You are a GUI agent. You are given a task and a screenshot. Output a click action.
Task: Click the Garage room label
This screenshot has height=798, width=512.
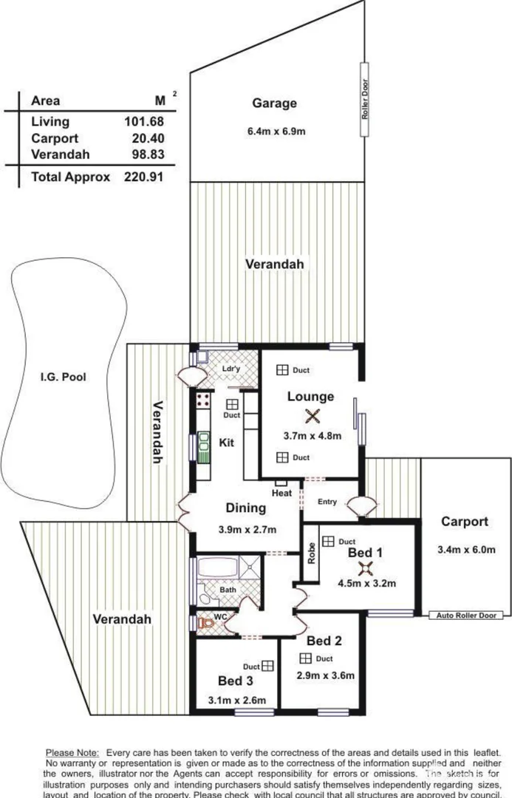274,103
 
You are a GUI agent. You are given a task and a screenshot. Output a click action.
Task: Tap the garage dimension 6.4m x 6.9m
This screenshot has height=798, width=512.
276,132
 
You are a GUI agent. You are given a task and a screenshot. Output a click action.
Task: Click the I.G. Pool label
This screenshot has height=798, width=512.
64,377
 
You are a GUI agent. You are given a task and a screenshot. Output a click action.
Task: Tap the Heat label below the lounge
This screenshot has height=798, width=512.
281,493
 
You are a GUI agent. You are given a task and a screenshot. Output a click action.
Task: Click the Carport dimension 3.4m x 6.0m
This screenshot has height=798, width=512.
465,550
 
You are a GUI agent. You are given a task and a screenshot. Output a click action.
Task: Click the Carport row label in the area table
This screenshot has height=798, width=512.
55,138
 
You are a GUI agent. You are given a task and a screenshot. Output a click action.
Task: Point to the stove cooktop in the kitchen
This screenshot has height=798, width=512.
204,403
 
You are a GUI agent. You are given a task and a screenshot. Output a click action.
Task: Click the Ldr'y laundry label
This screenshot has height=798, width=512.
232,369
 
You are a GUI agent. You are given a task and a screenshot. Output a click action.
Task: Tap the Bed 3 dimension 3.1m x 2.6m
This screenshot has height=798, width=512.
237,700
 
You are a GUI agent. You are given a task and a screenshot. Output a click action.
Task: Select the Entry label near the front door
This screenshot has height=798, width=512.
327,502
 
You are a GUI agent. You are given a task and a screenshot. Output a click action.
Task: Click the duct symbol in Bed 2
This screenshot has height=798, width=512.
304,658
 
